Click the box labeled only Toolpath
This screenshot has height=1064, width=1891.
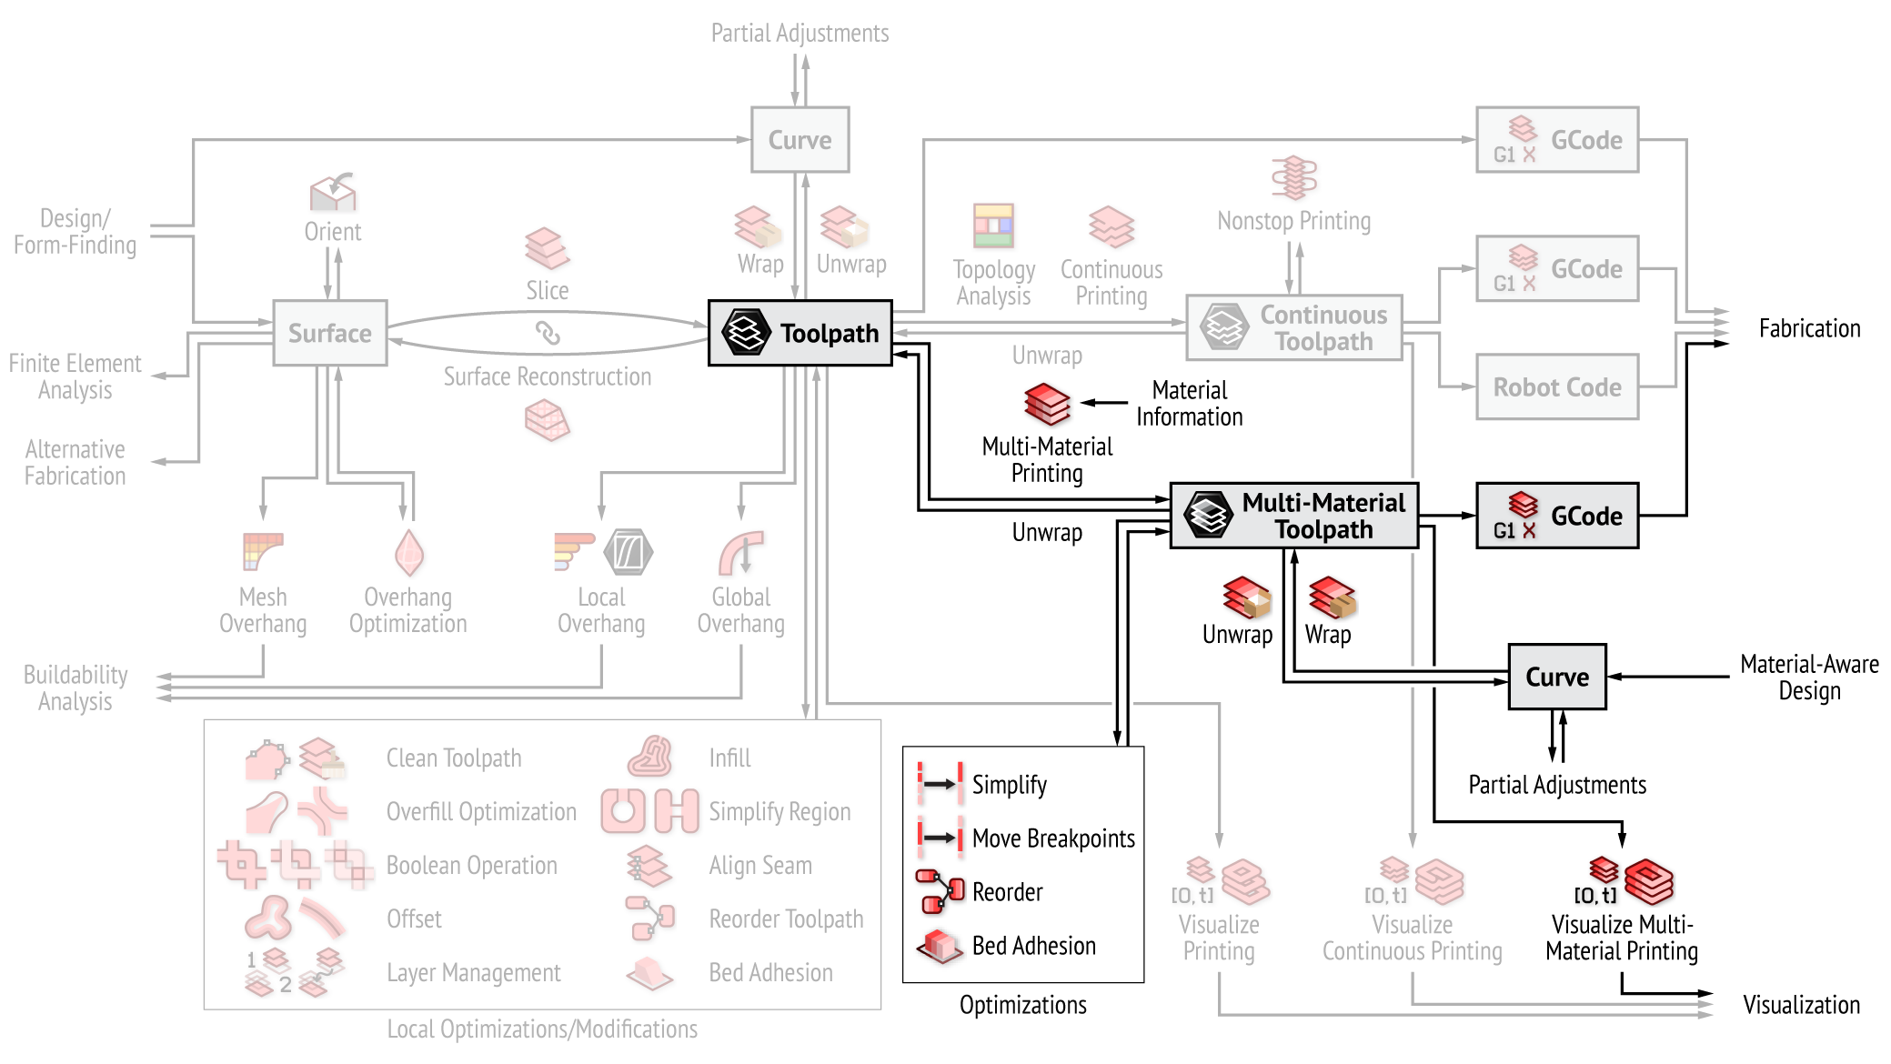pos(800,333)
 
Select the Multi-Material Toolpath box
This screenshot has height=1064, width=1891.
pos(1293,516)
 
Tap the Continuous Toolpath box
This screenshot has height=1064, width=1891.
pos(1293,327)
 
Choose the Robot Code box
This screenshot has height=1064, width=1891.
pos(1556,387)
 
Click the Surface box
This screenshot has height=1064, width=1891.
pos(329,333)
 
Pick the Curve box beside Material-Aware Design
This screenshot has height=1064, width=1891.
pos(1556,677)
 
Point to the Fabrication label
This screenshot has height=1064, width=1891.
pos(1808,328)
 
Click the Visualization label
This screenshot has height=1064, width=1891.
pos(1801,1005)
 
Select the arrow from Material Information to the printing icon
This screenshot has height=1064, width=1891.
pos(1104,402)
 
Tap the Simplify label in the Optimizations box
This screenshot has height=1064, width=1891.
pos(1009,785)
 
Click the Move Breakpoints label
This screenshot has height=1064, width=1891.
pos(1053,838)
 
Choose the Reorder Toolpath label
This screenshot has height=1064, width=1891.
pos(786,919)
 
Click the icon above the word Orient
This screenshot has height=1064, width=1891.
pos(333,191)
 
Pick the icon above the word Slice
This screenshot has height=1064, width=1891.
pos(547,248)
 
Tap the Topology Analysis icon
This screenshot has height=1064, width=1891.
pos(993,226)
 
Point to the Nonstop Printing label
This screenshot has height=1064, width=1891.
pos(1293,221)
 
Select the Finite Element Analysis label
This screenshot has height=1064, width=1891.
pos(75,376)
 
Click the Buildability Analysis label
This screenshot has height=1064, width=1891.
pos(75,688)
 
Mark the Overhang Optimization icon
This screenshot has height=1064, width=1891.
pos(408,553)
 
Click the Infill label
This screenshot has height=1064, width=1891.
pos(729,758)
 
